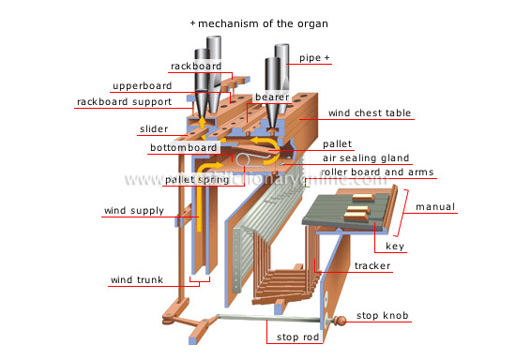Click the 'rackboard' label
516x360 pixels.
point(195,66)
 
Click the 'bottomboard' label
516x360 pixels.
point(184,148)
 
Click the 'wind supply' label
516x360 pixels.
point(129,212)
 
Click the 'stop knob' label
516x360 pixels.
point(396,316)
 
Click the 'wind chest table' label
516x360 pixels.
point(371,113)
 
